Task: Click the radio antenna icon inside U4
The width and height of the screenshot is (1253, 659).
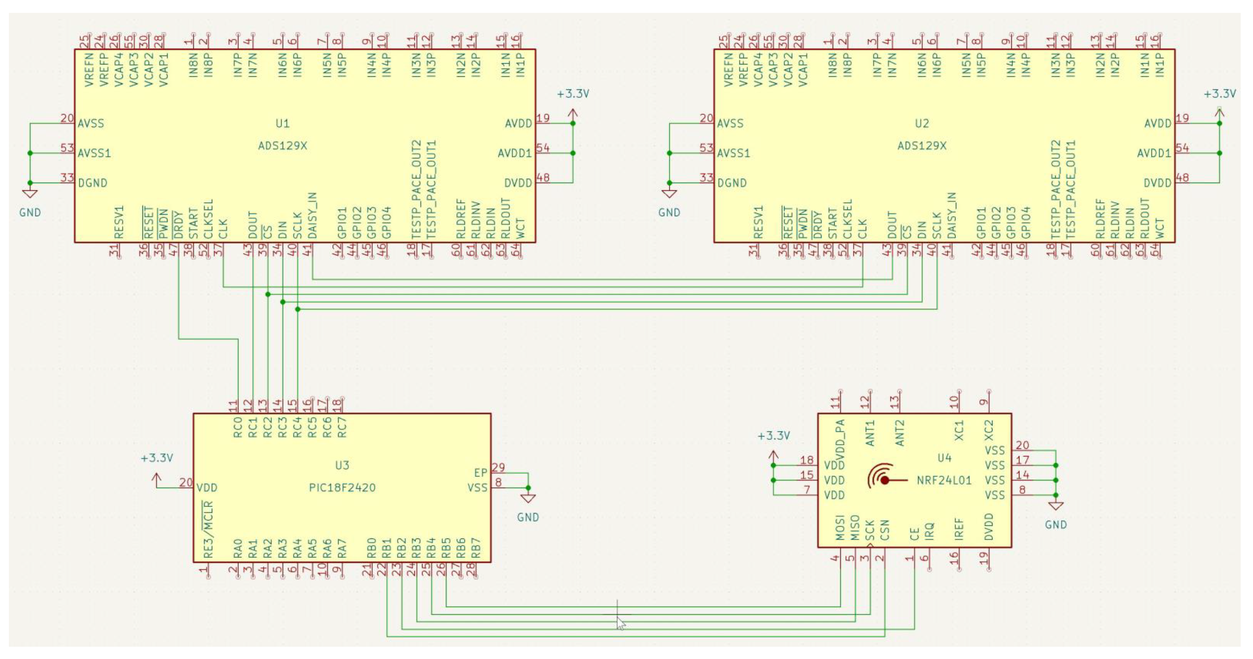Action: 882,477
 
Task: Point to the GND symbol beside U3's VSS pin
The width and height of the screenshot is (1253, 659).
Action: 528,498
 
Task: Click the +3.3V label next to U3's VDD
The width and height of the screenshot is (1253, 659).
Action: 157,458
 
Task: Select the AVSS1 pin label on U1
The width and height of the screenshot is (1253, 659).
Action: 94,153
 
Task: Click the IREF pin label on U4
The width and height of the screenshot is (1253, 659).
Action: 958,529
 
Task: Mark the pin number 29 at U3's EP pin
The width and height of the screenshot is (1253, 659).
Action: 498,467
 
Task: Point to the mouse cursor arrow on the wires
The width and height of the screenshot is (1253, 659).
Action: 621,623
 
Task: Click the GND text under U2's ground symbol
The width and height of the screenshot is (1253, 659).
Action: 669,212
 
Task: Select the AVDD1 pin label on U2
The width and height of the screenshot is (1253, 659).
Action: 1154,153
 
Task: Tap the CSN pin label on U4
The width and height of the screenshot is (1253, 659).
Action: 885,530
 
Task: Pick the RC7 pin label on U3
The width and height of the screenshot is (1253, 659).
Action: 342,427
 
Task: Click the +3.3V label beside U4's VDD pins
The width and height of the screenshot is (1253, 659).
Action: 774,436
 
